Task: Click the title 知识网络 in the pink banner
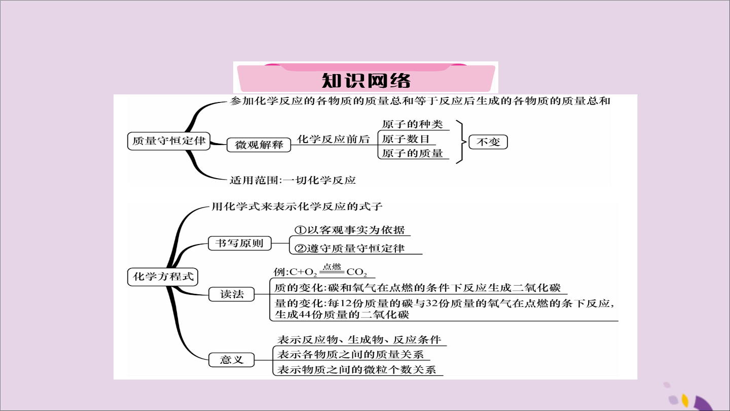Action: click(x=366, y=80)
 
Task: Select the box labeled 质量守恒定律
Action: click(x=168, y=141)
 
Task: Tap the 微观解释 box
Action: click(x=259, y=145)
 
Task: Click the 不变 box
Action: click(x=488, y=142)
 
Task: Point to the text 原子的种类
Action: click(x=412, y=124)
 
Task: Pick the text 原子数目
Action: click(x=406, y=139)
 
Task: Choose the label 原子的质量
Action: click(x=412, y=153)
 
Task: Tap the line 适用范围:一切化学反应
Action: click(x=293, y=180)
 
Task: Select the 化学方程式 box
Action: click(x=163, y=277)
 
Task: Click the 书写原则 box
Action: click(x=239, y=244)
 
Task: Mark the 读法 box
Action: click(x=231, y=294)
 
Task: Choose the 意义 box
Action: click(x=231, y=360)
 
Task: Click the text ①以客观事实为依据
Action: click(x=349, y=230)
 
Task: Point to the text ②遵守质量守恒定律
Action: click(x=349, y=249)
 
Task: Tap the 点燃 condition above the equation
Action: click(x=332, y=266)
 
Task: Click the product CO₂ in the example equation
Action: click(x=356, y=272)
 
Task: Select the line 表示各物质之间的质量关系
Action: click(x=350, y=355)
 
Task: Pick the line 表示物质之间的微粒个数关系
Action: click(x=356, y=369)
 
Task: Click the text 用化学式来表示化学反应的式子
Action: click(x=297, y=207)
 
